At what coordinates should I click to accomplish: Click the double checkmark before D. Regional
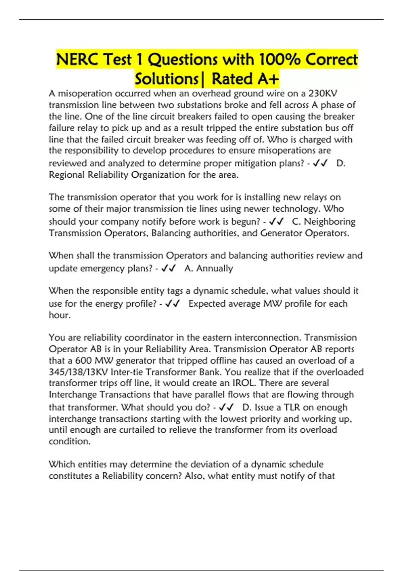[x=320, y=163]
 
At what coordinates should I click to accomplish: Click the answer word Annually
[x=215, y=268]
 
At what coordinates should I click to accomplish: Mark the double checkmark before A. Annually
[x=169, y=268]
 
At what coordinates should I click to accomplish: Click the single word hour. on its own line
[x=60, y=315]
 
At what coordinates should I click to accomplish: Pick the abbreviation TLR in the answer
[x=292, y=407]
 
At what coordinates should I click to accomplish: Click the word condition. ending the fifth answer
[x=70, y=441]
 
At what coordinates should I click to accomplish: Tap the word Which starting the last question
[x=62, y=465]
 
